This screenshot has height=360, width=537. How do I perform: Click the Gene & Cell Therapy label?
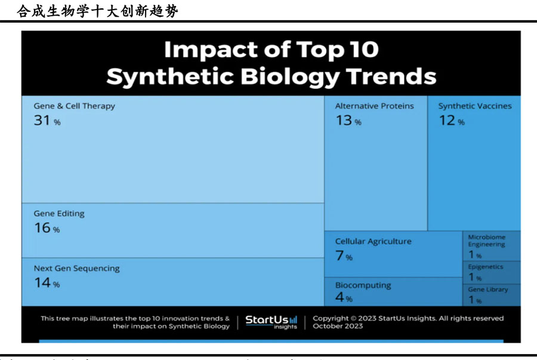(74, 106)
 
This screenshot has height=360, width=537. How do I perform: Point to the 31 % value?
(47, 121)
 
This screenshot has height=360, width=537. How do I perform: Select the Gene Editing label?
(59, 214)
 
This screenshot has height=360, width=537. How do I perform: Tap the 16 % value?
(47, 228)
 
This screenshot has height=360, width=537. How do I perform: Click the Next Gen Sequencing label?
(76, 269)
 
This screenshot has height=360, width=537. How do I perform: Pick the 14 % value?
(47, 284)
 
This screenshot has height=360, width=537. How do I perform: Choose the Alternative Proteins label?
(374, 106)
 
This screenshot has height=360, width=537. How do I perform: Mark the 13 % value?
(348, 121)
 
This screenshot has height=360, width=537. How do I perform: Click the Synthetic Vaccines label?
(475, 106)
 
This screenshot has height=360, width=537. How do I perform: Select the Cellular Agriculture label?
(373, 242)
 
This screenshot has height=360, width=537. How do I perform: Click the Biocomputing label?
(363, 285)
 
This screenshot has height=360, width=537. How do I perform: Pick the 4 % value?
(344, 298)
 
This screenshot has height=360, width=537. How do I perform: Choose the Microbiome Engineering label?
(486, 241)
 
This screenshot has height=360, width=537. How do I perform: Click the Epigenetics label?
(485, 267)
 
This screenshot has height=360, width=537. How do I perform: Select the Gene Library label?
(487, 290)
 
